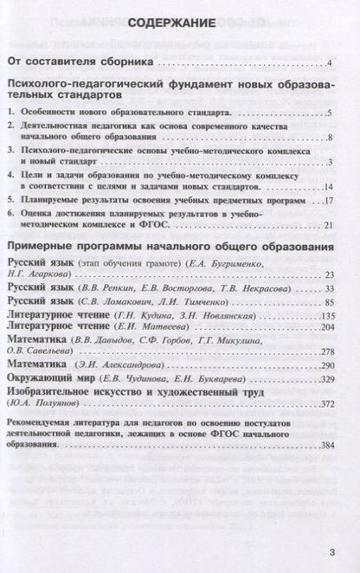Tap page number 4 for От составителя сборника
[331, 64]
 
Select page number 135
[325, 289]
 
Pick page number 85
[327, 276]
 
